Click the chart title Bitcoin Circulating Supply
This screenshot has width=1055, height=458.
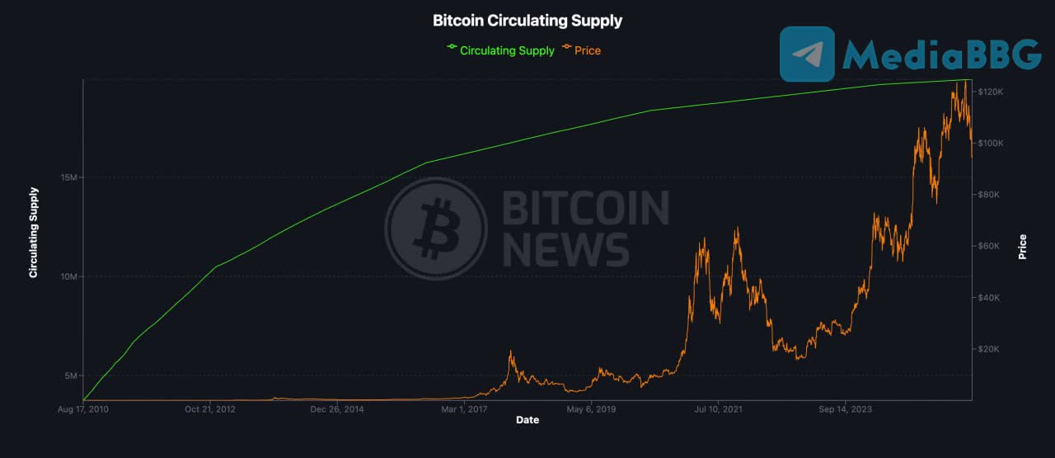527,21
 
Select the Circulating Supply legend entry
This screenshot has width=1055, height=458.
507,50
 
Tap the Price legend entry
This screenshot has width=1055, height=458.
587,50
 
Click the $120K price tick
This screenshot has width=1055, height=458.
989,92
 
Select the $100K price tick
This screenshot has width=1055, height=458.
989,144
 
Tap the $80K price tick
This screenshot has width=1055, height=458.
989,195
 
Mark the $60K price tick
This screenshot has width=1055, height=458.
989,246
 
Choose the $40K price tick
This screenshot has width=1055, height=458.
989,298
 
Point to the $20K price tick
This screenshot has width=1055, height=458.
989,349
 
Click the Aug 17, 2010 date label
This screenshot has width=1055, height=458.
84,408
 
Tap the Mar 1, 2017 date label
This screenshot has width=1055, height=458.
465,408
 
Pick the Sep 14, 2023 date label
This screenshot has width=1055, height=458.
845,408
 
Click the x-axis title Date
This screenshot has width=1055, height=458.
527,420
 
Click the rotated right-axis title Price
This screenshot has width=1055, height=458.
1023,246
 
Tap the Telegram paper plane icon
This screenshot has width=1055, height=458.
807,54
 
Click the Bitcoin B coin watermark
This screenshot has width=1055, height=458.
435,229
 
